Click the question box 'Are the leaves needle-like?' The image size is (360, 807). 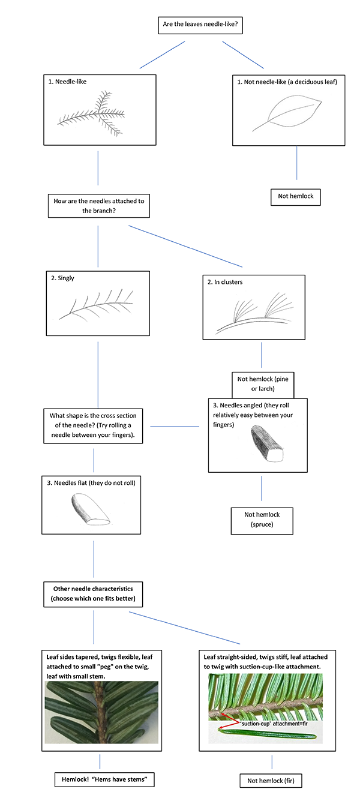click(x=202, y=25)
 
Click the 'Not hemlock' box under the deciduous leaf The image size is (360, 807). click(x=295, y=196)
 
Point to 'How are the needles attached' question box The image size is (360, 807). click(x=98, y=205)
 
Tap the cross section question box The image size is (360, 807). click(x=93, y=425)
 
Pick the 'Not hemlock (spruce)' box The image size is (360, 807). click(x=262, y=520)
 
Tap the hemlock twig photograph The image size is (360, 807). click(x=101, y=712)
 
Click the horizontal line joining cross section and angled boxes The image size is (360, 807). click(x=174, y=427)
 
